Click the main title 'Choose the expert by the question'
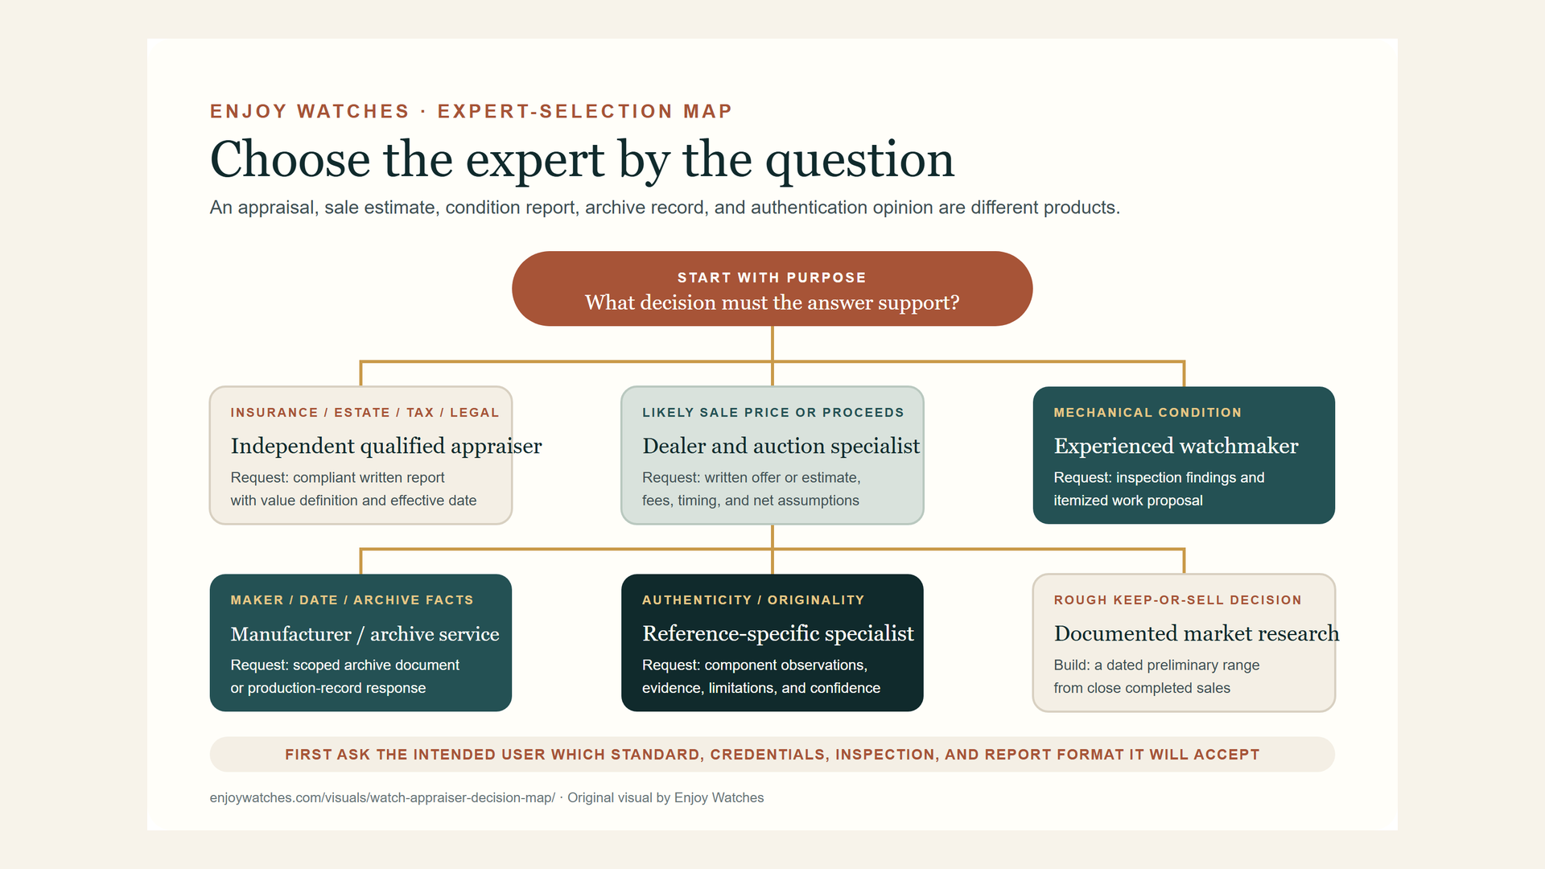pyautogui.click(x=582, y=159)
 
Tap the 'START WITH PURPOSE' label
pyautogui.click(x=772, y=278)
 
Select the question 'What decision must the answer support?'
pyautogui.click(x=772, y=303)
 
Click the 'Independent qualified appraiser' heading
pyautogui.click(x=386, y=446)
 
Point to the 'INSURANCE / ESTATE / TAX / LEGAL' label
pyautogui.click(x=365, y=413)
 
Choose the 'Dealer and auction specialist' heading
pyautogui.click(x=781, y=446)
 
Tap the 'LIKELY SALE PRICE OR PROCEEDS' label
pyautogui.click(x=773, y=413)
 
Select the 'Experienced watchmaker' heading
pyautogui.click(x=1176, y=446)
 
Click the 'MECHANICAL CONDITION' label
pyautogui.click(x=1147, y=413)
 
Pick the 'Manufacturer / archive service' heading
pyautogui.click(x=365, y=634)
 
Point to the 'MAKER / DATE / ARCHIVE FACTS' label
pyautogui.click(x=352, y=600)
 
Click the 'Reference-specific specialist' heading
pyautogui.click(x=778, y=633)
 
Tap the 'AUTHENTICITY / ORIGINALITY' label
pyautogui.click(x=753, y=600)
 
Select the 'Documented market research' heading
pyautogui.click(x=1197, y=633)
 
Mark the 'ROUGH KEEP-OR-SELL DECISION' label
pyautogui.click(x=1177, y=600)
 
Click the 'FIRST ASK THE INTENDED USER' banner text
pyautogui.click(x=772, y=755)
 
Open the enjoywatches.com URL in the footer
pyautogui.click(x=382, y=797)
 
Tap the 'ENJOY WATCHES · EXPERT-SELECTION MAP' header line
pyautogui.click(x=471, y=111)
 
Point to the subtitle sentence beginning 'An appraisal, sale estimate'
pyautogui.click(x=665, y=208)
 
